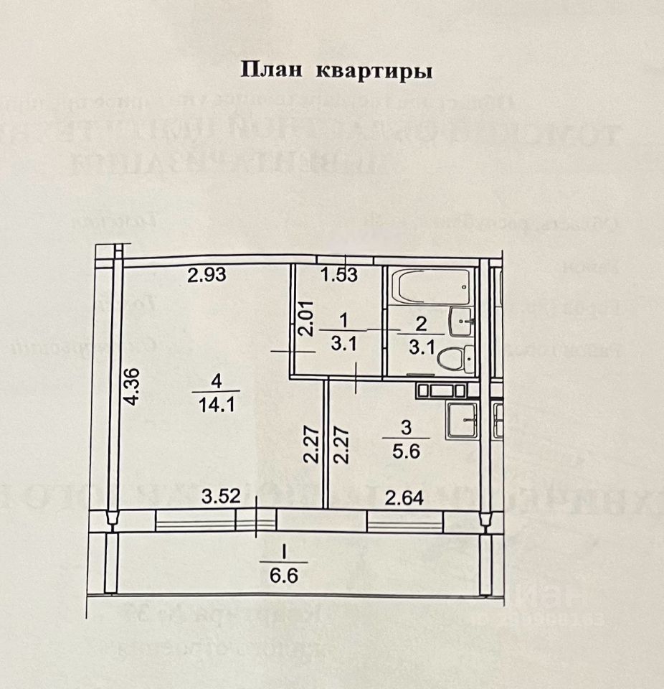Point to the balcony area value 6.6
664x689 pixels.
click(x=284, y=576)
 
